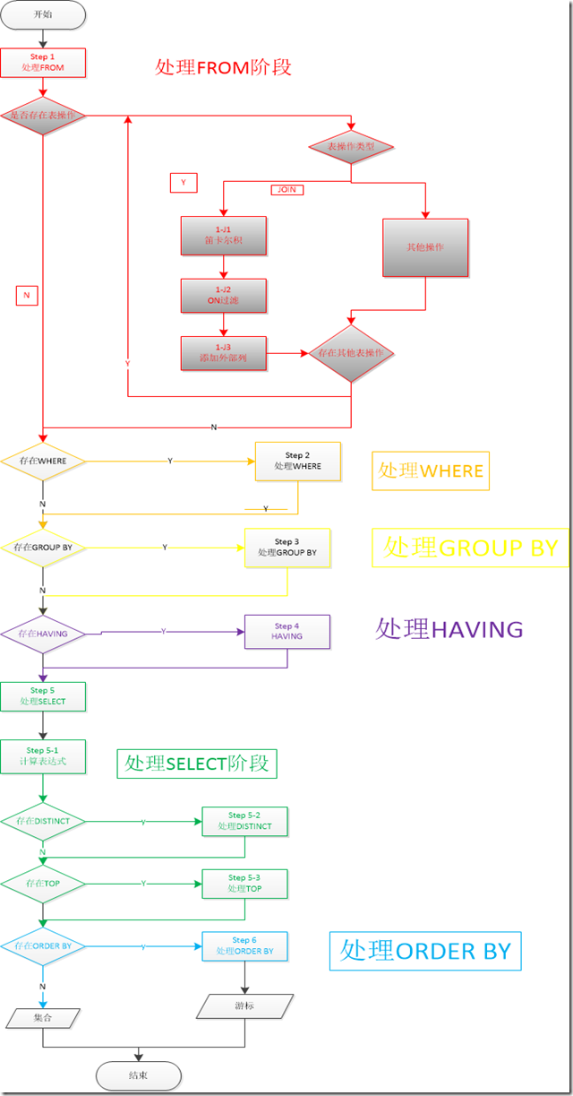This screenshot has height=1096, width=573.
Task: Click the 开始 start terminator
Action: click(43, 14)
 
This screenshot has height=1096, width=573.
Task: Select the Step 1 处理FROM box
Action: click(43, 63)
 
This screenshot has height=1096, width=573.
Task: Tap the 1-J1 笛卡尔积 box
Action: click(224, 236)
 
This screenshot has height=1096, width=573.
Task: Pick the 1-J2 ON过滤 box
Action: click(224, 295)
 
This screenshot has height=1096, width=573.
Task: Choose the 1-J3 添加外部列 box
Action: click(224, 353)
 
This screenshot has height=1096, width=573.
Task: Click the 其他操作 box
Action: click(426, 247)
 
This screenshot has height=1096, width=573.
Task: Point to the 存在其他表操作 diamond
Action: click(351, 353)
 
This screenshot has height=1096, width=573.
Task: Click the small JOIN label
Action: click(286, 190)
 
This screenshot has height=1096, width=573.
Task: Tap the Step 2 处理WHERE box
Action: click(298, 462)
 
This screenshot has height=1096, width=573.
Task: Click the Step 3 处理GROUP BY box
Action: click(287, 548)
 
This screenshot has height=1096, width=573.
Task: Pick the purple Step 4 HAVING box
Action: click(287, 631)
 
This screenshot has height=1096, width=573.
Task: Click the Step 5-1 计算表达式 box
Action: click(43, 757)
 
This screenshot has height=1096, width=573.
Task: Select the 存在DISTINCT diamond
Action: click(43, 821)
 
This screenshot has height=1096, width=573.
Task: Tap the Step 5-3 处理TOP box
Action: click(244, 883)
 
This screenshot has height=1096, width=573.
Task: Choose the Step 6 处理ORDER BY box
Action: click(244, 945)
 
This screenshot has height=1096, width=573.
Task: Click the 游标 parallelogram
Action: click(244, 1006)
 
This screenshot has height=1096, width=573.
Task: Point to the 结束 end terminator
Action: click(138, 1075)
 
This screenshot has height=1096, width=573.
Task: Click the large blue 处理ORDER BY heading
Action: click(425, 951)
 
